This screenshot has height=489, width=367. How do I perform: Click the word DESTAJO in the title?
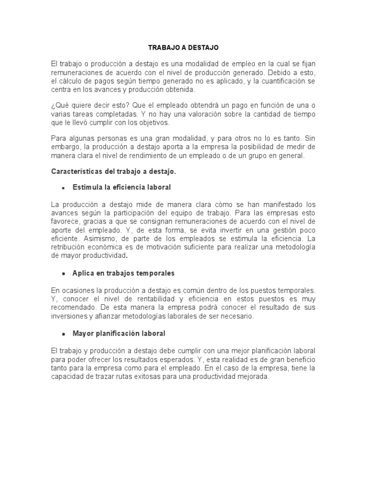[202, 48]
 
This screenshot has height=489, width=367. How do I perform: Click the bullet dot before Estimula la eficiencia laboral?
[63, 187]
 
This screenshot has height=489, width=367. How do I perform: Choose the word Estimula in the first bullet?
[87, 187]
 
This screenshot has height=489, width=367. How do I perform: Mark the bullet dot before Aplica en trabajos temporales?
[63, 274]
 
